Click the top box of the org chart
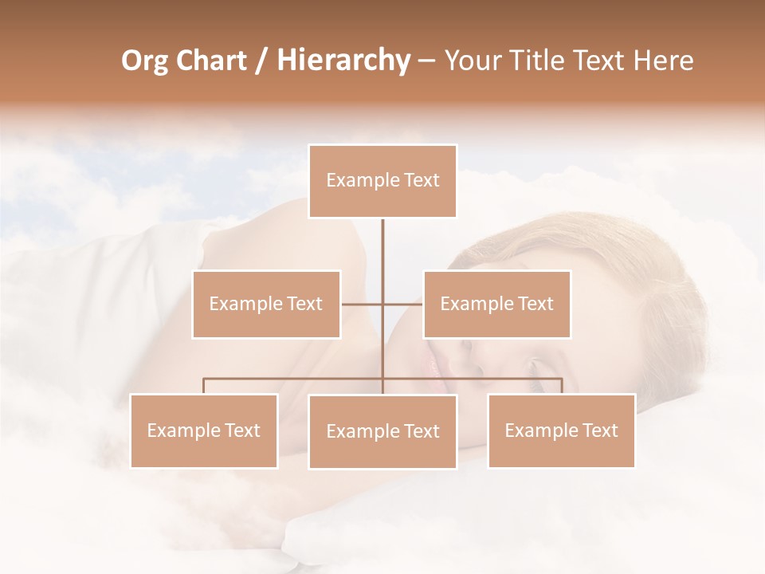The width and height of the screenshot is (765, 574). coord(382,181)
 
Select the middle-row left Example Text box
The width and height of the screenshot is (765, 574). coord(266,304)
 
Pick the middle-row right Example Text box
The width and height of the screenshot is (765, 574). coord(496,304)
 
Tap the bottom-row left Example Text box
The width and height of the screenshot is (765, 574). coord(204,431)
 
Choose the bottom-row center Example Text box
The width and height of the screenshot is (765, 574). coord(382,431)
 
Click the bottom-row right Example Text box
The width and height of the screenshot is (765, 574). coord(561,431)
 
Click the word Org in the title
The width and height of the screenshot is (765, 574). coord(144,61)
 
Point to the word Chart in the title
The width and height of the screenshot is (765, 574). coord(212,61)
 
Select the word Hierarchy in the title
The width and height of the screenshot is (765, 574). coord(343,61)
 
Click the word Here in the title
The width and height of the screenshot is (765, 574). coord(663,61)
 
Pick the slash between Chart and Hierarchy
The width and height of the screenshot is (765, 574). coord(262,61)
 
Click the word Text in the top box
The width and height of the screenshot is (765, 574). coord(421,181)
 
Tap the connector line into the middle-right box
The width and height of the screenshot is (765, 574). coord(403,304)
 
